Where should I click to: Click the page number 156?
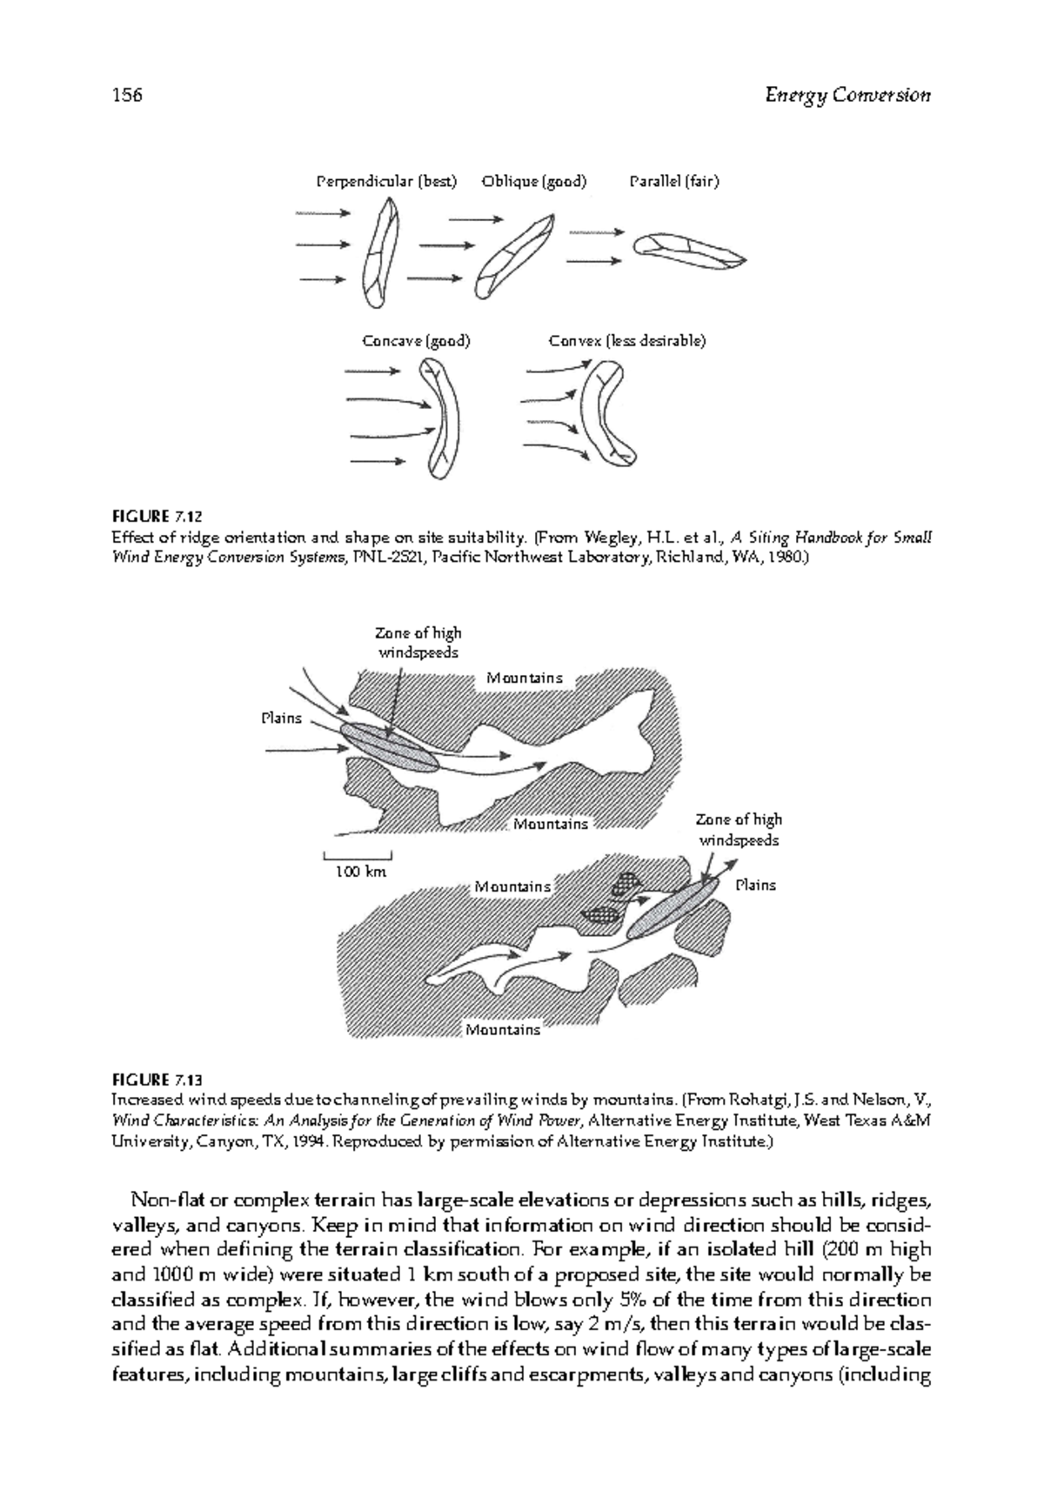coord(127,95)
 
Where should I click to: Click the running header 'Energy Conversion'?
coord(847,95)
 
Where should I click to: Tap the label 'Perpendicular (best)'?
coord(385,182)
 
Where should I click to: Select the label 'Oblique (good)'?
coord(534,182)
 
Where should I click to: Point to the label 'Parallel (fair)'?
coord(674,182)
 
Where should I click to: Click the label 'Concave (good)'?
coord(416,341)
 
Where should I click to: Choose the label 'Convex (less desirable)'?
coord(626,341)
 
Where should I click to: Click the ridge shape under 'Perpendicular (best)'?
coord(381,252)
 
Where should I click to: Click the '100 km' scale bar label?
coord(361,871)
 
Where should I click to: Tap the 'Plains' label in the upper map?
coord(282,719)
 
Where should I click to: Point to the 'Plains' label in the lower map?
coord(755,886)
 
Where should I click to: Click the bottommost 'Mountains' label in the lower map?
coord(503,1030)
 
